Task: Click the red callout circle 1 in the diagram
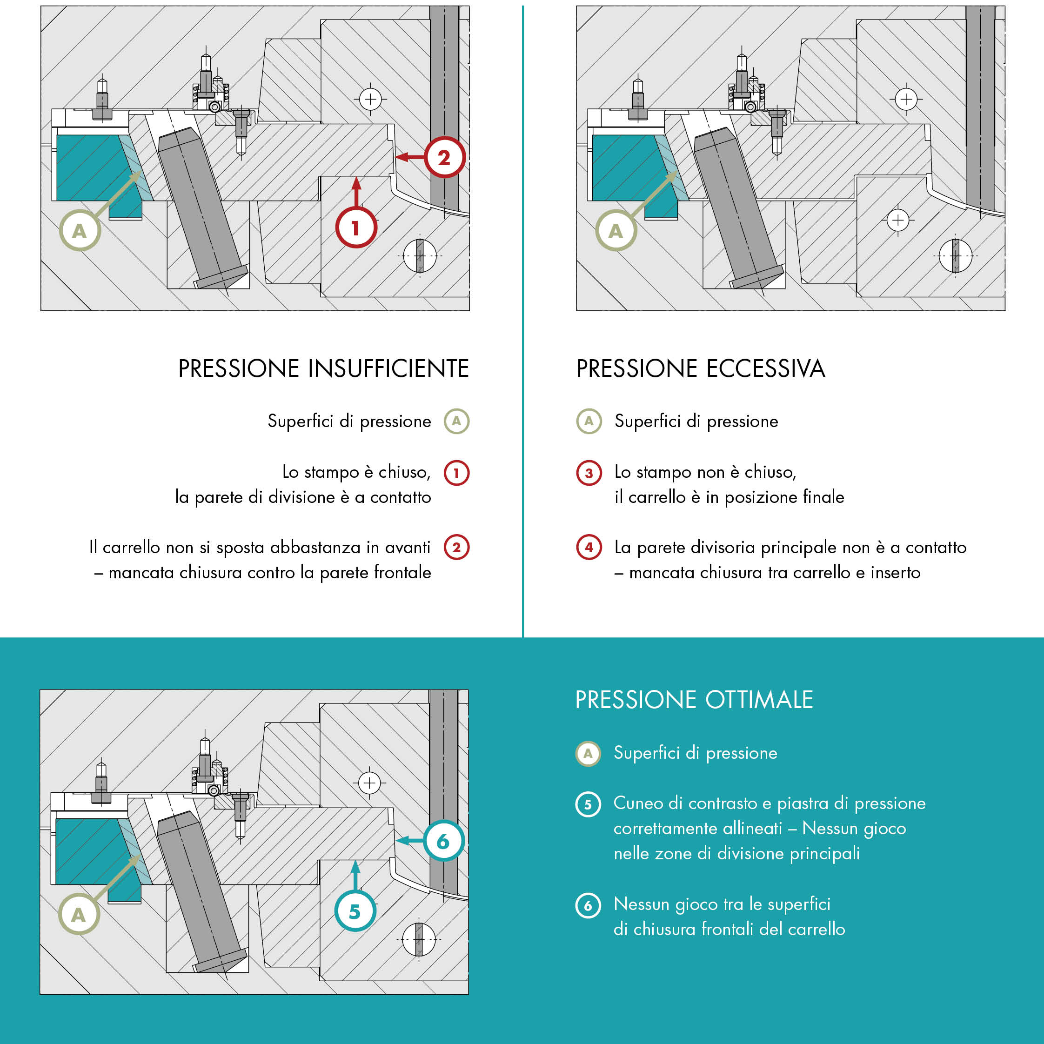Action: coord(355,228)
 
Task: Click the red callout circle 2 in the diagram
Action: coord(444,157)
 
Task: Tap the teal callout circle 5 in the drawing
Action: coord(355,911)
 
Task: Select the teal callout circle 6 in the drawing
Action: coord(443,841)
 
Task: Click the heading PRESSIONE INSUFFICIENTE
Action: coord(323,368)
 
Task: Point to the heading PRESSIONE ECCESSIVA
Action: coord(700,368)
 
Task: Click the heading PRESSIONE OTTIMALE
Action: coord(694,700)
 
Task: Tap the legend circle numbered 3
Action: coord(589,473)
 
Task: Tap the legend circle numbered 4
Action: coord(589,548)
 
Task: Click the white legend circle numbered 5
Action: coord(588,804)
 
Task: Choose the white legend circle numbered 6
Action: coord(588,906)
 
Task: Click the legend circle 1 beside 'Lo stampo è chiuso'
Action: coord(456,473)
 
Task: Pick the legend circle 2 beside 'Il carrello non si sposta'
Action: coord(456,548)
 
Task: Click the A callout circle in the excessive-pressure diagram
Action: coord(616,231)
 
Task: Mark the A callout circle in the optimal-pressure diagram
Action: coord(79,915)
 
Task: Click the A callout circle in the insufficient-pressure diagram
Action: coord(80,231)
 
